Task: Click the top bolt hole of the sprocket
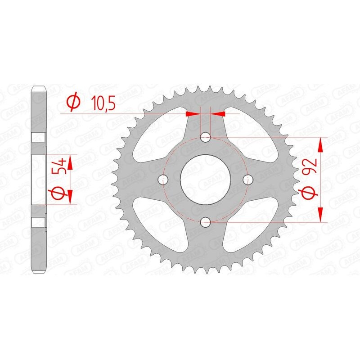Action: tap(206, 137)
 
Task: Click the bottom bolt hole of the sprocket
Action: tap(206, 221)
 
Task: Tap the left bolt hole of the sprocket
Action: tap(163, 180)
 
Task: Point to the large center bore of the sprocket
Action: tap(206, 179)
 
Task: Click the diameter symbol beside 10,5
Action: tap(74, 103)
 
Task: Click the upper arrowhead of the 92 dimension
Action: tap(321, 144)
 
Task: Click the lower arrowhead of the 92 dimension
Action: tap(321, 214)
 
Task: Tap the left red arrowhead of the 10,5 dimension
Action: tap(193, 114)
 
